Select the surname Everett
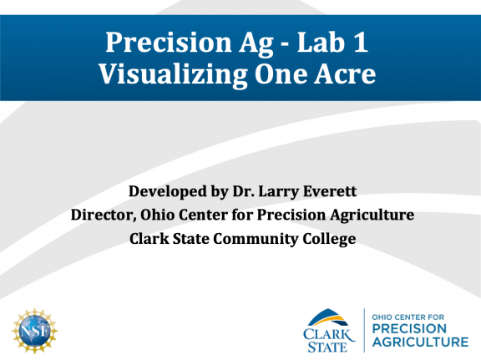coord(324,191)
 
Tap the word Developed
coord(167,191)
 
